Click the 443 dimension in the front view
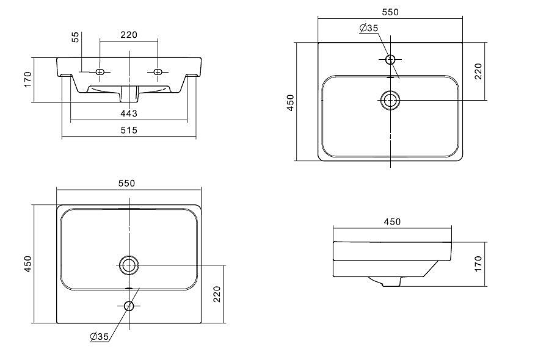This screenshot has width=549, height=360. (128, 113)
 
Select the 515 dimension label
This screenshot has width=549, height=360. (128, 130)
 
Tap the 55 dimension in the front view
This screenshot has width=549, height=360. (76, 37)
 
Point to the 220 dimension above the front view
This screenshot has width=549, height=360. (128, 35)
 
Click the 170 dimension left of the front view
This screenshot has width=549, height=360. (27, 79)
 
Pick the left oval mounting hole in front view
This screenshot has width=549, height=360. (101, 72)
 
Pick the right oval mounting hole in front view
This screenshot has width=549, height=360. (158, 72)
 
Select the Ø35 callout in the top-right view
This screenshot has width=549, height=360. (369, 28)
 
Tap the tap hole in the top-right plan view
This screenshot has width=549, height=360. (390, 59)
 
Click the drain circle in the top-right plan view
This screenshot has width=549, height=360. (390, 100)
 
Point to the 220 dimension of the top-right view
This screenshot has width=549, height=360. (478, 71)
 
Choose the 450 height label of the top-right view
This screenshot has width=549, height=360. (291, 102)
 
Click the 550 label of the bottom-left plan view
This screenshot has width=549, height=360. (126, 183)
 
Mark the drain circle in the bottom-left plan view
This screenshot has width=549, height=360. (128, 265)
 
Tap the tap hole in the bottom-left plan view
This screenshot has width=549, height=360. (128, 306)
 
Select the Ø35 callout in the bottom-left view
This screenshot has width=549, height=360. (99, 337)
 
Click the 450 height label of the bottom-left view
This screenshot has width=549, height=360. (27, 264)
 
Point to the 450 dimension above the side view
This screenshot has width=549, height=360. (392, 221)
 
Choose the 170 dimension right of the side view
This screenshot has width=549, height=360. (478, 264)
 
